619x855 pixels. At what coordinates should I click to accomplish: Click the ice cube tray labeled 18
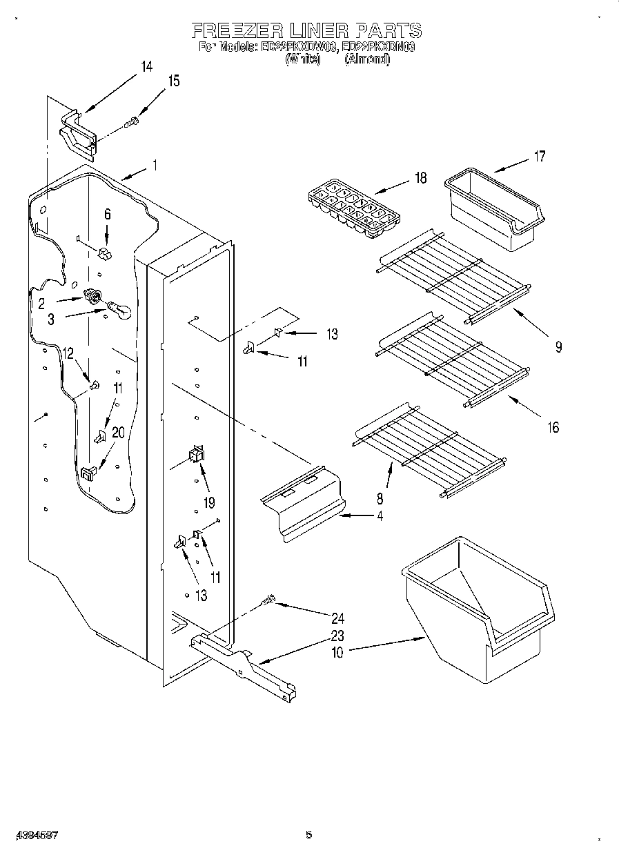[x=353, y=208]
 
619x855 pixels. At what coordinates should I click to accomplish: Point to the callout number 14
[x=146, y=67]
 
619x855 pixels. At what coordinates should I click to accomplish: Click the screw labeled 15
[x=131, y=123]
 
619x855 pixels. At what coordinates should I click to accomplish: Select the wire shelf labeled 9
[x=455, y=276]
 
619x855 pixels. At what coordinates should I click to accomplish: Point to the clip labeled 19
[x=197, y=453]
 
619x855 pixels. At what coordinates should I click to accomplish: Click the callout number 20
[x=118, y=433]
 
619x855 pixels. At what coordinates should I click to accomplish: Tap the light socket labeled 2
[x=90, y=297]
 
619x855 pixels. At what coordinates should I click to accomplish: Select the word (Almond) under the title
[x=367, y=60]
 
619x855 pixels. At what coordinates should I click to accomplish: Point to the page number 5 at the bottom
[x=309, y=835]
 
